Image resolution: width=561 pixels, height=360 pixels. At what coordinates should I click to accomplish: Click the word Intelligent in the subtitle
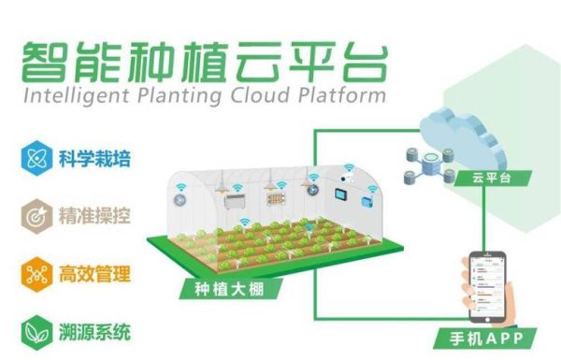65,95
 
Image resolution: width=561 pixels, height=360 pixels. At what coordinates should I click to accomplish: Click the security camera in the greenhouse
348,175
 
